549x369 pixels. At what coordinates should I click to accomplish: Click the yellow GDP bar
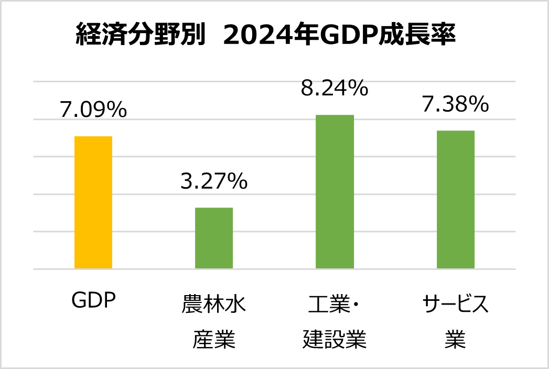pos(93,202)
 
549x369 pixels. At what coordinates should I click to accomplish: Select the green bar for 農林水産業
pos(214,238)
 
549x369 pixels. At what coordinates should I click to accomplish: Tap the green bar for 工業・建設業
pos(335,192)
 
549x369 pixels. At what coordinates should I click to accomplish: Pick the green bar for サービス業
pos(455,199)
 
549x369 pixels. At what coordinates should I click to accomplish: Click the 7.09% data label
pos(93,110)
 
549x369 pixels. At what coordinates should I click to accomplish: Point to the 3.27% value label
pos(214,181)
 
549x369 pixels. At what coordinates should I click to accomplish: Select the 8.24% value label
pos(335,89)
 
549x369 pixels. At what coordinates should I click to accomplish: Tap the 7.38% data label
pos(455,105)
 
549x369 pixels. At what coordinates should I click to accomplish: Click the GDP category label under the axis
pos(93,302)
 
